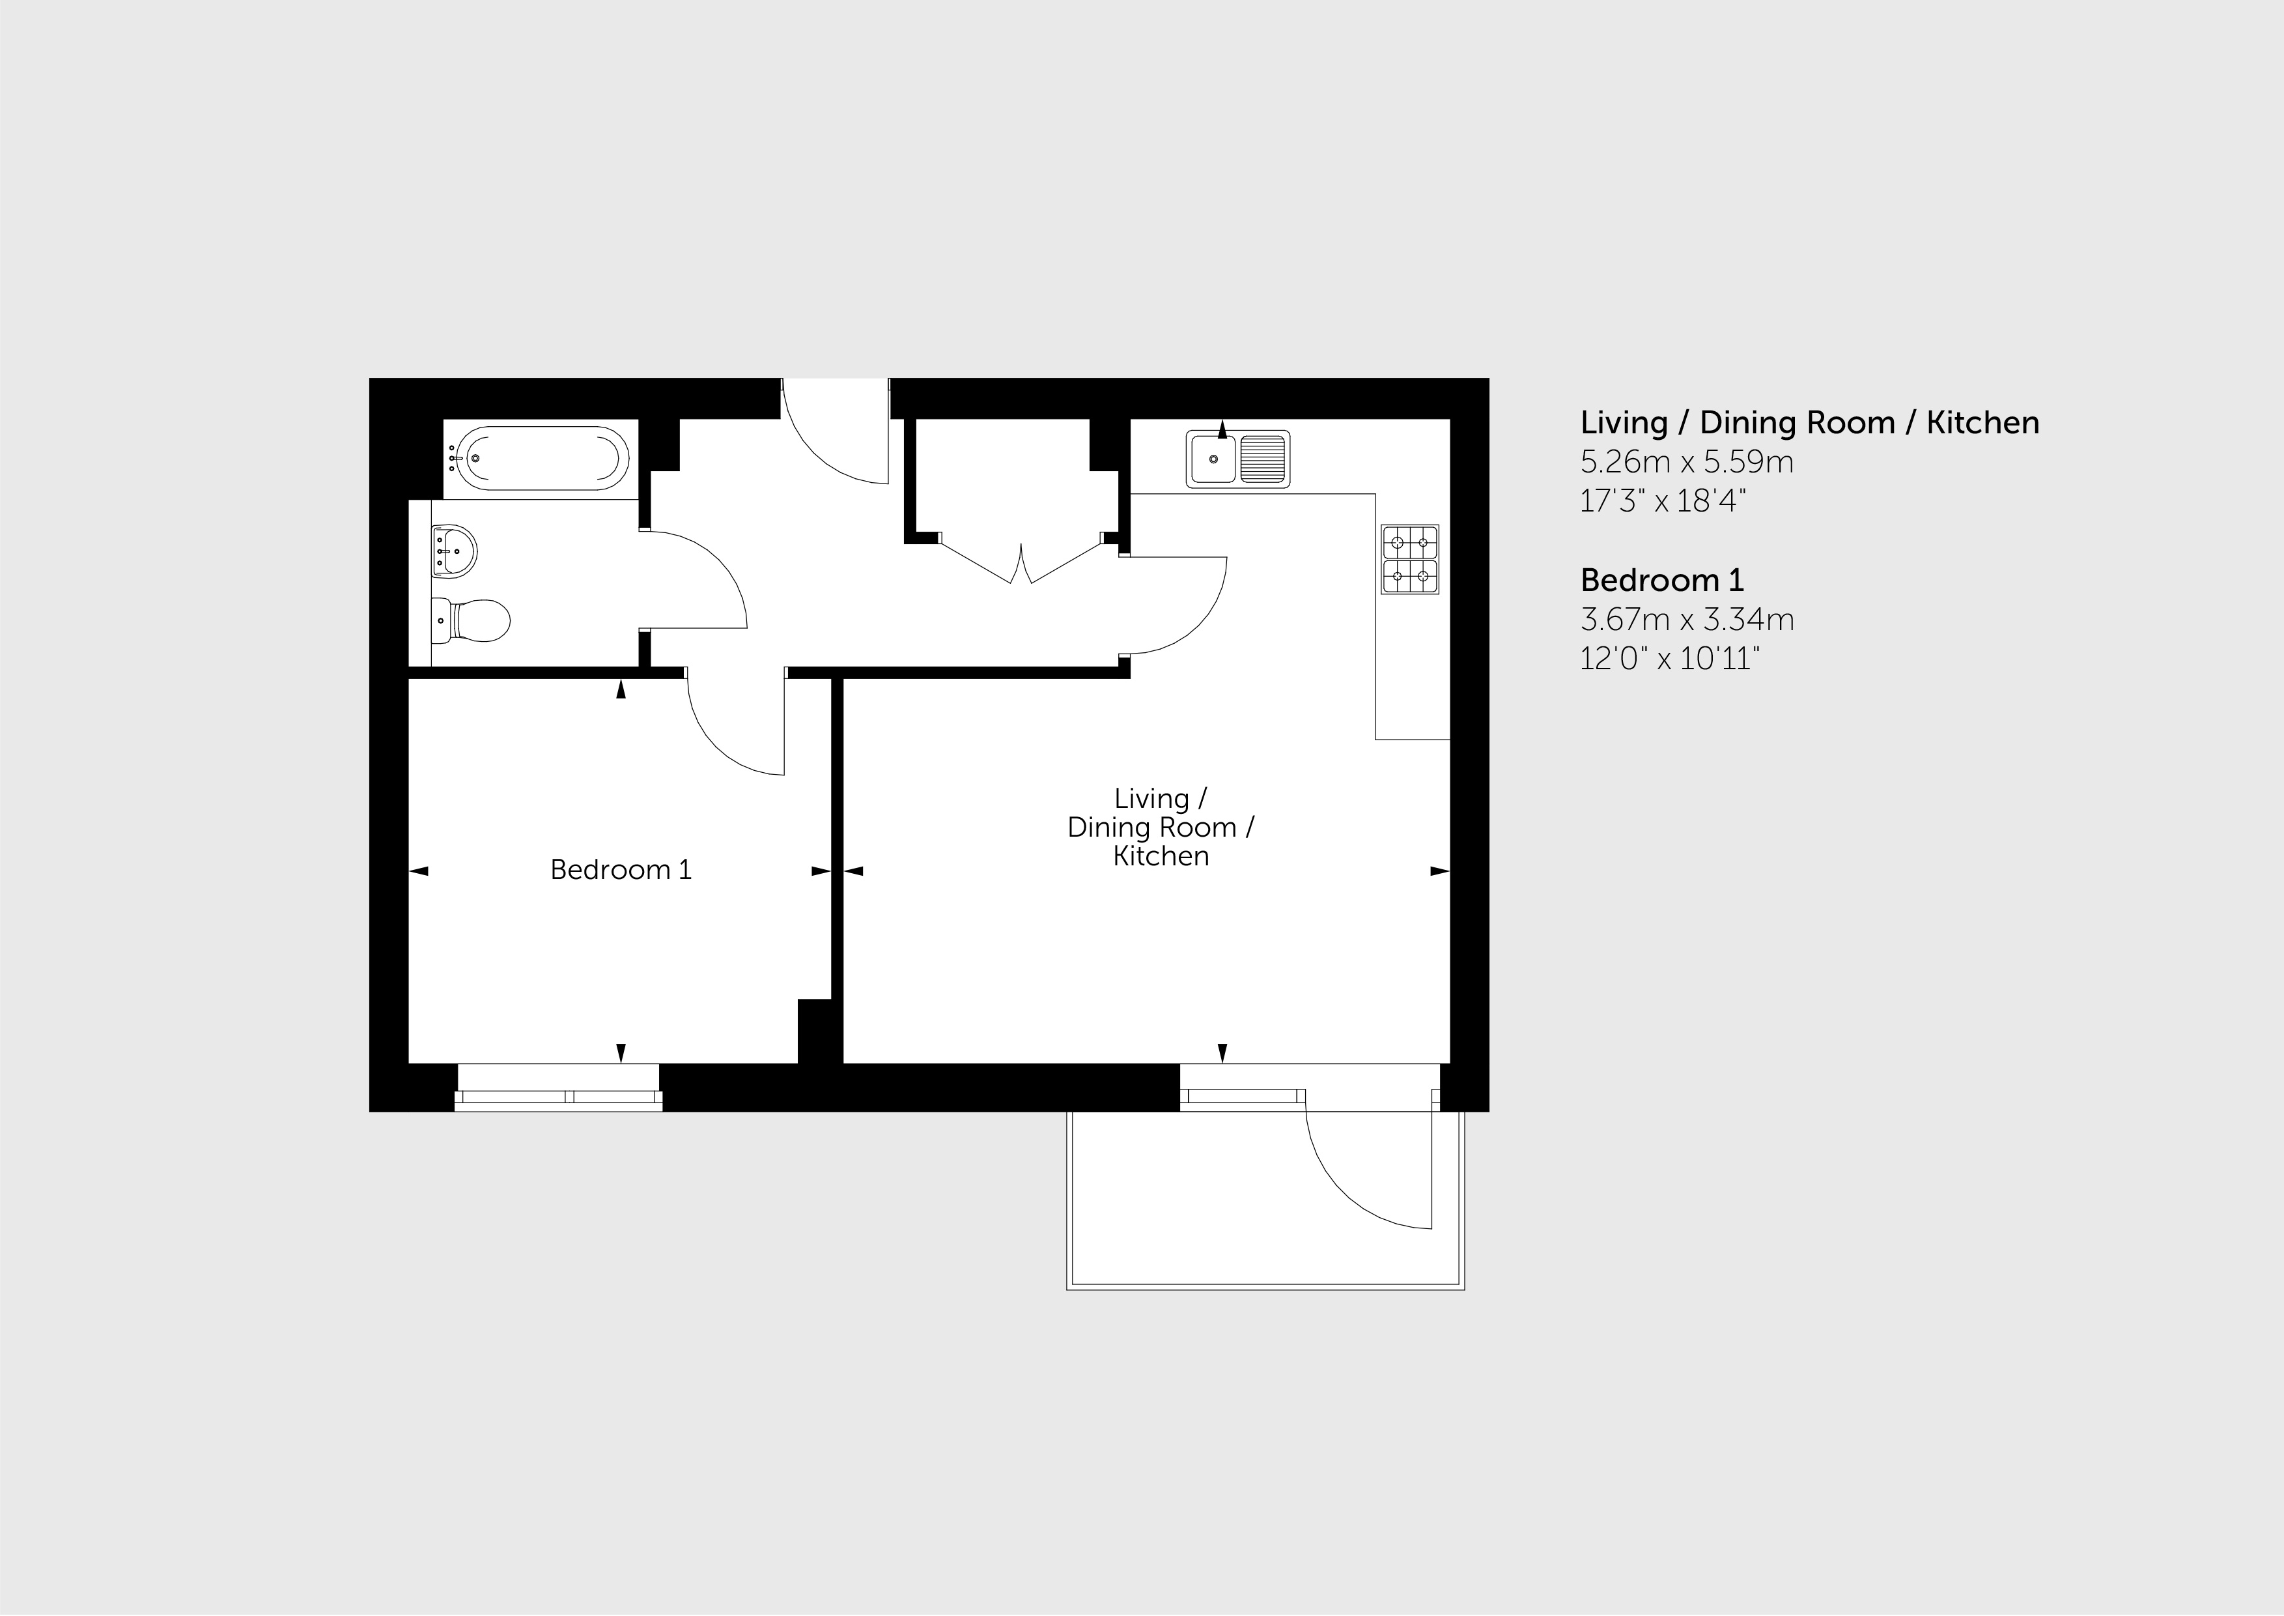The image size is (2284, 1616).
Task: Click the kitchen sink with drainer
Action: (1237, 459)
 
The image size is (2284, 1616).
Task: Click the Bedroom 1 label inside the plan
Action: (621, 870)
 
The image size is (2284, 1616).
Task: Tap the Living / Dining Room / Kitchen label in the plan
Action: (1161, 827)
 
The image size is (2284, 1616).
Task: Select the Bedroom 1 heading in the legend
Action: (1662, 580)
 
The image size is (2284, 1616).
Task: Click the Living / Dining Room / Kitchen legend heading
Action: (1809, 423)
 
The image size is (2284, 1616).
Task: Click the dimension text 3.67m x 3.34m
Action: (1687, 620)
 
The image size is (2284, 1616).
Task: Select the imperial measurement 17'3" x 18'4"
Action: (1663, 500)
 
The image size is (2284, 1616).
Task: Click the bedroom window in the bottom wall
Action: (559, 1087)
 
